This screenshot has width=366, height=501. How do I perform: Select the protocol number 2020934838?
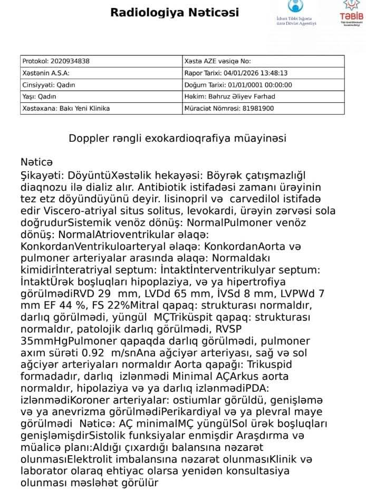coord(69,61)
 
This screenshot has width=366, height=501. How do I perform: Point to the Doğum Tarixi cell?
coord(238,85)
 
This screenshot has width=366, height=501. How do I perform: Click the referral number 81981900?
coord(258,109)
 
